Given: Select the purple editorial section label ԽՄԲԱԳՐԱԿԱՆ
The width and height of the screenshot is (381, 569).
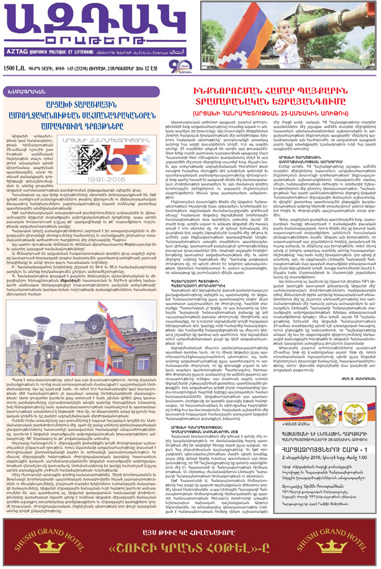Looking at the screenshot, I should (x=22, y=91).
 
